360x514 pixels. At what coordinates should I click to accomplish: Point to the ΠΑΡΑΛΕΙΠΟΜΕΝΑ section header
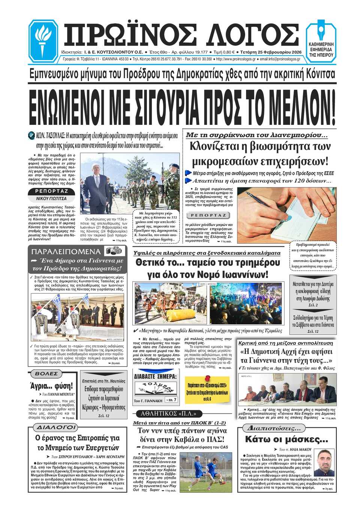pyautogui.click(x=66, y=251)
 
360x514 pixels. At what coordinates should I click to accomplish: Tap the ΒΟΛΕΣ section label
pyautogui.click(x=46, y=374)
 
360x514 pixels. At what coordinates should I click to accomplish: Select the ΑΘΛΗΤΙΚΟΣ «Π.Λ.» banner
pyautogui.click(x=166, y=414)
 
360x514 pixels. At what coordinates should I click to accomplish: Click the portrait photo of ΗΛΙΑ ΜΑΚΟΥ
pyautogui.click(x=323, y=463)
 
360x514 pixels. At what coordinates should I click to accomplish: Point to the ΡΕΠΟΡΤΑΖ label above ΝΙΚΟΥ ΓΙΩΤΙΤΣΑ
pyautogui.click(x=51, y=191)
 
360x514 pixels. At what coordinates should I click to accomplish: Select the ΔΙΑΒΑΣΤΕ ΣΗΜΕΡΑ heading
pyautogui.click(x=155, y=376)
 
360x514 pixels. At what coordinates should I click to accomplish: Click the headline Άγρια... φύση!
pyautogui.click(x=51, y=386)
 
